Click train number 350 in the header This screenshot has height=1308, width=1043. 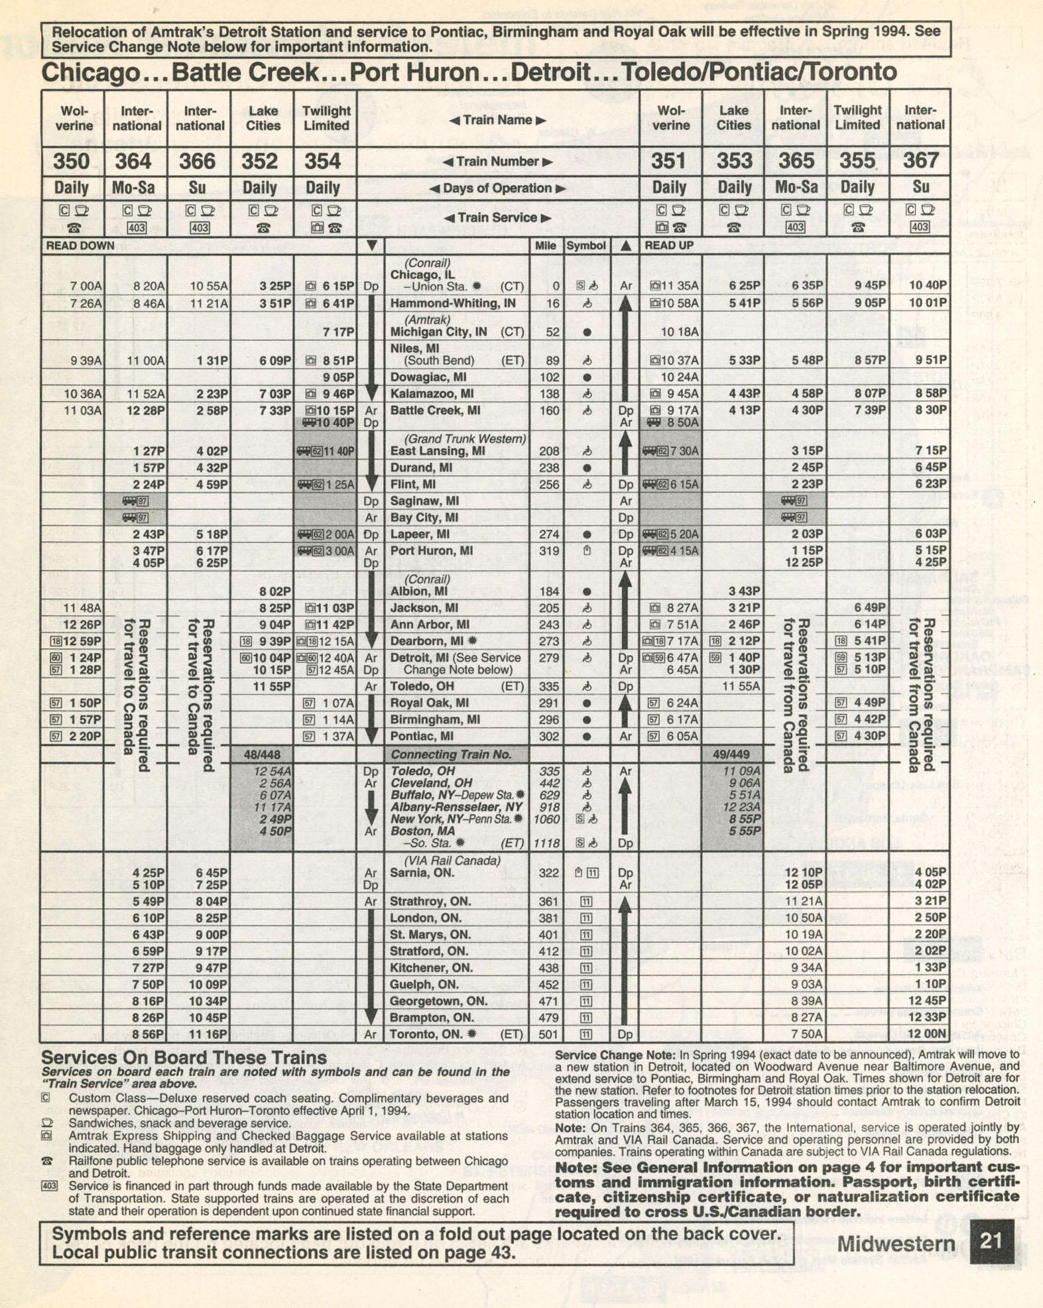(x=72, y=161)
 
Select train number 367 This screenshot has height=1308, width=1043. (x=920, y=160)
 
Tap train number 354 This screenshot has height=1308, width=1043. (x=323, y=161)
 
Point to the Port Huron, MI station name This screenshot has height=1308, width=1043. (x=431, y=551)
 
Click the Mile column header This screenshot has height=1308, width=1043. (x=545, y=245)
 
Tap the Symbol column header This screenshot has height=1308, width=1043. (x=585, y=245)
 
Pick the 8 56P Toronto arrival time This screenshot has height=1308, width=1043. (x=148, y=1034)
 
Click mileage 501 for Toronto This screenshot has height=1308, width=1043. (x=548, y=1034)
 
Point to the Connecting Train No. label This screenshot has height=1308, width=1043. (x=451, y=754)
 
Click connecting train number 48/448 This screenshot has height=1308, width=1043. (x=262, y=754)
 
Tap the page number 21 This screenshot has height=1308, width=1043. (x=991, y=1241)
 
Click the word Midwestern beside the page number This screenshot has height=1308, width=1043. (x=895, y=1244)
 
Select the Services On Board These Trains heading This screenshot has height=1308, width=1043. (x=184, y=1057)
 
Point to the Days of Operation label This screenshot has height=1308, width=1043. (x=497, y=188)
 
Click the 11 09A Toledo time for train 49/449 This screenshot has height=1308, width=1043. (x=741, y=771)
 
